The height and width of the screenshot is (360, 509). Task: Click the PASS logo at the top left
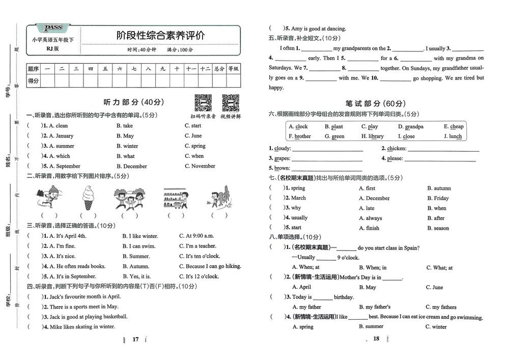pos(53,27)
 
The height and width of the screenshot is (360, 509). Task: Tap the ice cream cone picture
pos(89,198)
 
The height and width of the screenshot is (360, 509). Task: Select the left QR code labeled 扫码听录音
pos(203,103)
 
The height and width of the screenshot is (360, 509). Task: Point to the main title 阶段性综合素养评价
pos(161,35)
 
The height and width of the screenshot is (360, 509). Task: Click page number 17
pos(135,339)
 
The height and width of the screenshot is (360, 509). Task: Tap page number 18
pos(377,339)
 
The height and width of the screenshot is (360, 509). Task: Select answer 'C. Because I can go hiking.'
pos(210,266)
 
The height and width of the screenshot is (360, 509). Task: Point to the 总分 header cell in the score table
pos(219,68)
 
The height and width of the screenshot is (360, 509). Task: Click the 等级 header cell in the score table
pos(233,68)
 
